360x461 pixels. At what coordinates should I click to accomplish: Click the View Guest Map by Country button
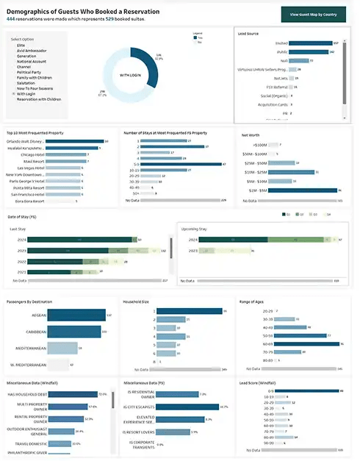point(314,15)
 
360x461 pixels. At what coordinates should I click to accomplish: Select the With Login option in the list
point(26,93)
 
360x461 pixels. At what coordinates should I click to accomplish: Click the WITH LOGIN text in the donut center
point(130,75)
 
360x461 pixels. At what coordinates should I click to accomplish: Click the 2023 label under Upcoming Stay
point(193,251)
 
